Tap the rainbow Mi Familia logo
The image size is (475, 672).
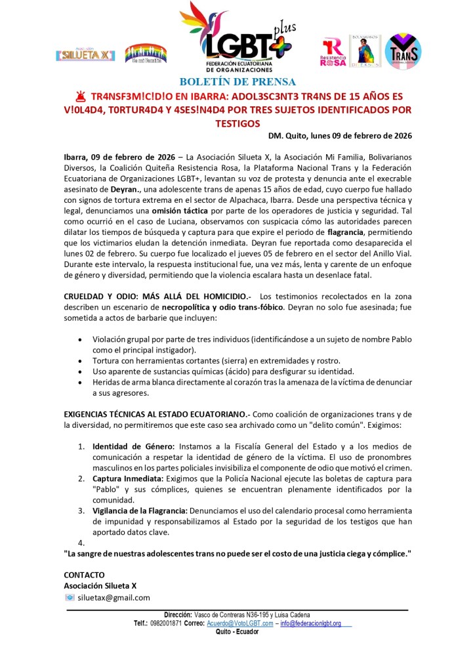point(146,53)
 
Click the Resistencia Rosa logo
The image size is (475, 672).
point(333,52)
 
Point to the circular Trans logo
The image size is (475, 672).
point(403,51)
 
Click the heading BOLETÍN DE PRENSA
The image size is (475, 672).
point(236,82)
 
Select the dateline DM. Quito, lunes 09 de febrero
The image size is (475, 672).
point(340,136)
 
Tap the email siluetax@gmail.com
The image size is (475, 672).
point(114,597)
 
